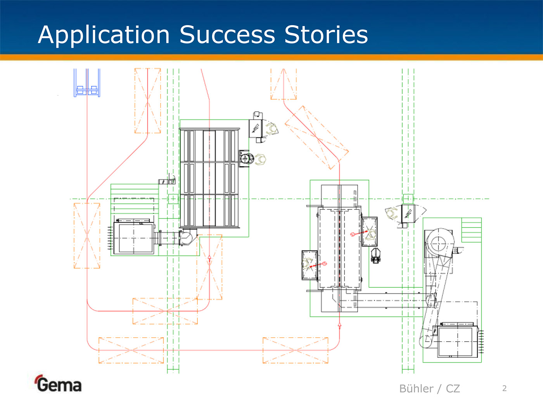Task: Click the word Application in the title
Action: point(104,35)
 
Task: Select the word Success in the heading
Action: point(227,35)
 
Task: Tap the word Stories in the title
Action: point(326,35)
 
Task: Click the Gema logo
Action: point(58,384)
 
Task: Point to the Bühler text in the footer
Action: point(416,388)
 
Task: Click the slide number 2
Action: point(504,388)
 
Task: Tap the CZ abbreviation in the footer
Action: point(453,388)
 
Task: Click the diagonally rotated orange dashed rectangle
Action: point(316,138)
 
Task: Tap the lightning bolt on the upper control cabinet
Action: point(256,128)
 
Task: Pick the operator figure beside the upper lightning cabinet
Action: point(272,128)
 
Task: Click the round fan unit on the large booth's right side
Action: point(246,159)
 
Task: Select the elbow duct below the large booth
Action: point(187,237)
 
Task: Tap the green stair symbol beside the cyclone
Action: point(471,230)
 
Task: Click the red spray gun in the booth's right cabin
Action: point(359,233)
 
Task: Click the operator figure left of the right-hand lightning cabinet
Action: point(392,213)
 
